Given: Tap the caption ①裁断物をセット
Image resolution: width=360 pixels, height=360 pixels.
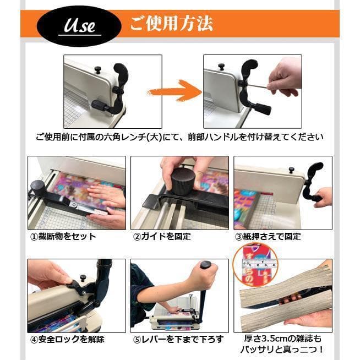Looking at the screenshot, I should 63,237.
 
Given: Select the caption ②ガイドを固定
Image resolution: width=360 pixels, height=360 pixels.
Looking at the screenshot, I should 163,237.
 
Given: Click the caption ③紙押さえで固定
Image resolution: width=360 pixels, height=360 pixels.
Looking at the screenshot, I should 268,237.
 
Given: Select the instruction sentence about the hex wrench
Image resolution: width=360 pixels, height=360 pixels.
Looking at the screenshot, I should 179,137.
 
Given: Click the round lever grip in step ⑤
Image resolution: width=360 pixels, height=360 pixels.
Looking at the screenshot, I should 206,266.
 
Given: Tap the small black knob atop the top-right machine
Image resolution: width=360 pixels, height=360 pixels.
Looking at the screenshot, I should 221,67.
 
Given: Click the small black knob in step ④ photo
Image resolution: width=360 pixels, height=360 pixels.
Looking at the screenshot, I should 83,277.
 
